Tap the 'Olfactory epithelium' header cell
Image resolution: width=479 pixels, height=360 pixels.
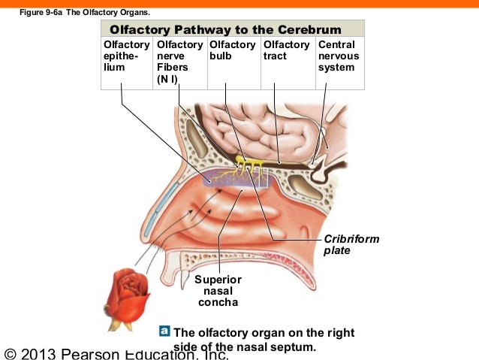(x=127, y=63)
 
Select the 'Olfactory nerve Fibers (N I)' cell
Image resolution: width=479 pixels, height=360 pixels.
(x=180, y=63)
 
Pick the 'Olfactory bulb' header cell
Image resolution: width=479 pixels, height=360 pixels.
(x=234, y=63)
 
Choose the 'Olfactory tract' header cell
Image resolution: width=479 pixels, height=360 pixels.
(x=288, y=63)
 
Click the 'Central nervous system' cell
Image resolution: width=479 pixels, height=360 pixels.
(x=340, y=63)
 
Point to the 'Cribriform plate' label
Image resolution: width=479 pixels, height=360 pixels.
(x=351, y=245)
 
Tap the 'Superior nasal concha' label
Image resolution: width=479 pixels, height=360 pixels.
(x=218, y=291)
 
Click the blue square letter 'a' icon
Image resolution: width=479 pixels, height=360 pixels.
(x=164, y=331)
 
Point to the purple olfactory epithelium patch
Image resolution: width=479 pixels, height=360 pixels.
(x=235, y=178)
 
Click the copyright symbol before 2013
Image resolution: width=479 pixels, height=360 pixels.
(x=10, y=354)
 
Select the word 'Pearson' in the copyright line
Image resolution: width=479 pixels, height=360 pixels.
(x=90, y=354)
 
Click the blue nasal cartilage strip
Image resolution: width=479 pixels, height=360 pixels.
(x=159, y=208)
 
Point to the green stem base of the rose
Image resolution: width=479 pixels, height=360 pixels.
(x=120, y=325)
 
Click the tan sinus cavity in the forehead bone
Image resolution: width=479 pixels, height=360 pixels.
(x=197, y=138)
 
